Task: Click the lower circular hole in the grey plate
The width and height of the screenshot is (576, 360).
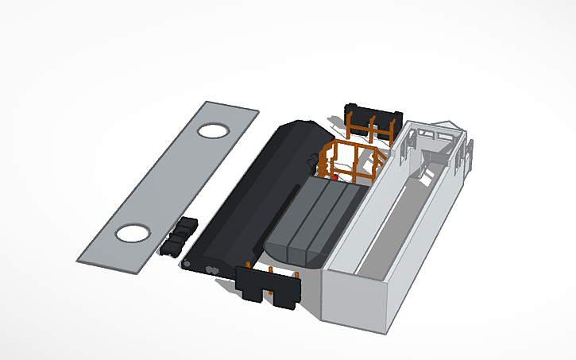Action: coord(133,233)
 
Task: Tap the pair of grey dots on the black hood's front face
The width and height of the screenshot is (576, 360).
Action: coord(213,270)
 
